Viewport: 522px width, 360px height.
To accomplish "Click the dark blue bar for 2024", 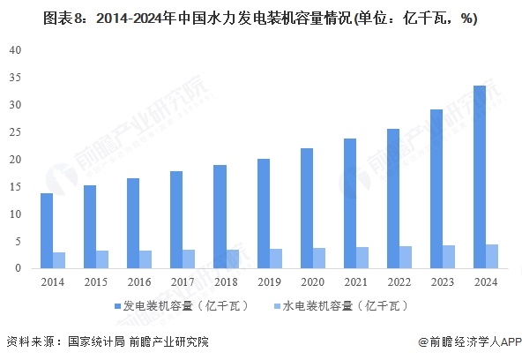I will click(478, 176).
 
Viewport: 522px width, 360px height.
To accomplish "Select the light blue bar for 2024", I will click(491, 256).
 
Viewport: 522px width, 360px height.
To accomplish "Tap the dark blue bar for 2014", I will click(46, 230).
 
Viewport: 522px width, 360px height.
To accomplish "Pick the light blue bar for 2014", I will click(59, 260).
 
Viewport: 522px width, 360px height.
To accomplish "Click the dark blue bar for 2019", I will click(262, 214).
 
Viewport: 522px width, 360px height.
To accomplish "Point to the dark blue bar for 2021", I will click(348, 203).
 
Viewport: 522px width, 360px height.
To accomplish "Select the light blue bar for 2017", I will click(189, 259).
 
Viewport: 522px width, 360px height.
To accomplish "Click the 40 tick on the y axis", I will click(15, 50).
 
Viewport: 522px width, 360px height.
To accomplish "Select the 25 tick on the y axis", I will click(15, 132).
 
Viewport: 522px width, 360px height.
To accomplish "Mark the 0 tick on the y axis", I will click(18, 268).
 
